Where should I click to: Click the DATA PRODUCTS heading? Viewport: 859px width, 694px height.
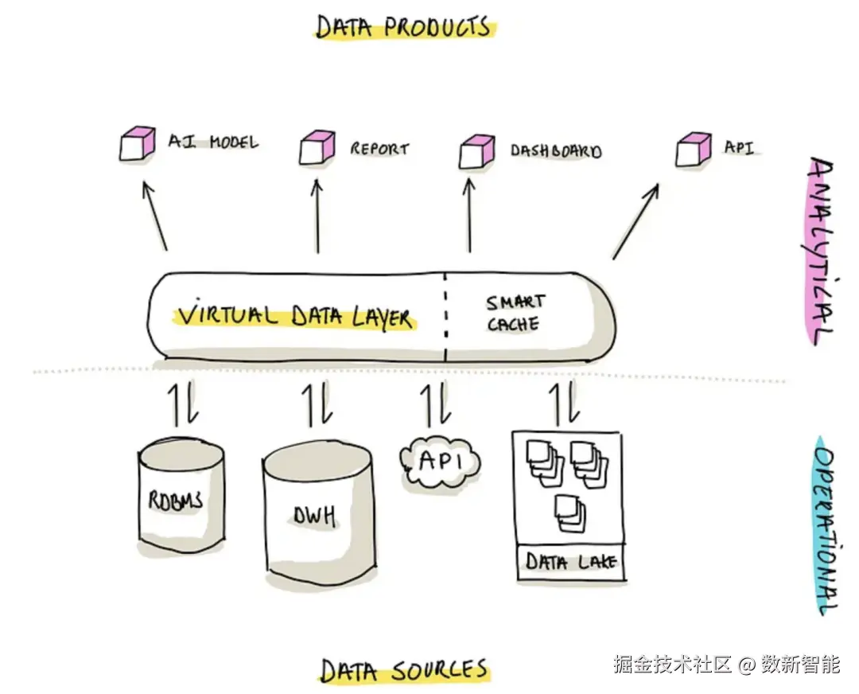point(404,27)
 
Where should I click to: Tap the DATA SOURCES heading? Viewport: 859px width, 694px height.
point(404,670)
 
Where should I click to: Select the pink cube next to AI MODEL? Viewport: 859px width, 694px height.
point(137,143)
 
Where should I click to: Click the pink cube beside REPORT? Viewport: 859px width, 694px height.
point(317,147)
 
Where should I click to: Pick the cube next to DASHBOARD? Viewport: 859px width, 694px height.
point(476,151)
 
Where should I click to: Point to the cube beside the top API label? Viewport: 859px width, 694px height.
point(694,149)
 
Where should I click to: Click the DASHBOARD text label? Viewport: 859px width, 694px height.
point(556,150)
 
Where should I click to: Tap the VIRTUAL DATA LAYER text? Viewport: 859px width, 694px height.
point(295,314)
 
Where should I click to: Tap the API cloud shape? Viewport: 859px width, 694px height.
point(441,462)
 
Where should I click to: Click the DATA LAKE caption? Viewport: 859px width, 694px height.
point(571,561)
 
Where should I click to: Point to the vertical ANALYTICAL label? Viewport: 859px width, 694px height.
point(820,251)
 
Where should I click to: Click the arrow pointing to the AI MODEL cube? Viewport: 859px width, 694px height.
point(155,216)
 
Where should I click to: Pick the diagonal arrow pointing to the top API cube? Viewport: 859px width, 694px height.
point(636,221)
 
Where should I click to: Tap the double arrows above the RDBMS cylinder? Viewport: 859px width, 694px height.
point(182,404)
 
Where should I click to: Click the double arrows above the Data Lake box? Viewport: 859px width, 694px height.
point(565,404)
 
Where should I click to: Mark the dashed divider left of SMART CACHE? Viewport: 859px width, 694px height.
point(446,317)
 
